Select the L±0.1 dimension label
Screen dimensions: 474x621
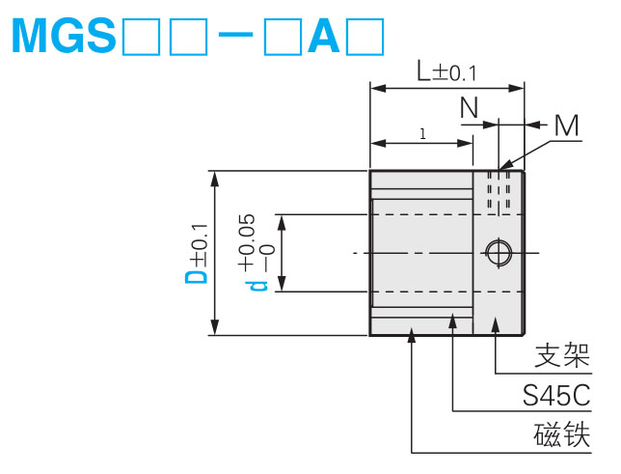coord(446,70)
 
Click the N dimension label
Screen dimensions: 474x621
coord(470,107)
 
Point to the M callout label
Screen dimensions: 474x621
coord(567,125)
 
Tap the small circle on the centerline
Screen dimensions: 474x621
coord(498,253)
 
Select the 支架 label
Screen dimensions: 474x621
coord(561,357)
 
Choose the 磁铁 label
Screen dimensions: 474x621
coord(561,435)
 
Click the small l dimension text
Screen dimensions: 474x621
coord(422,134)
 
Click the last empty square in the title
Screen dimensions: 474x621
coord(367,36)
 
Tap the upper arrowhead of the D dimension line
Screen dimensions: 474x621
coord(215,179)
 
